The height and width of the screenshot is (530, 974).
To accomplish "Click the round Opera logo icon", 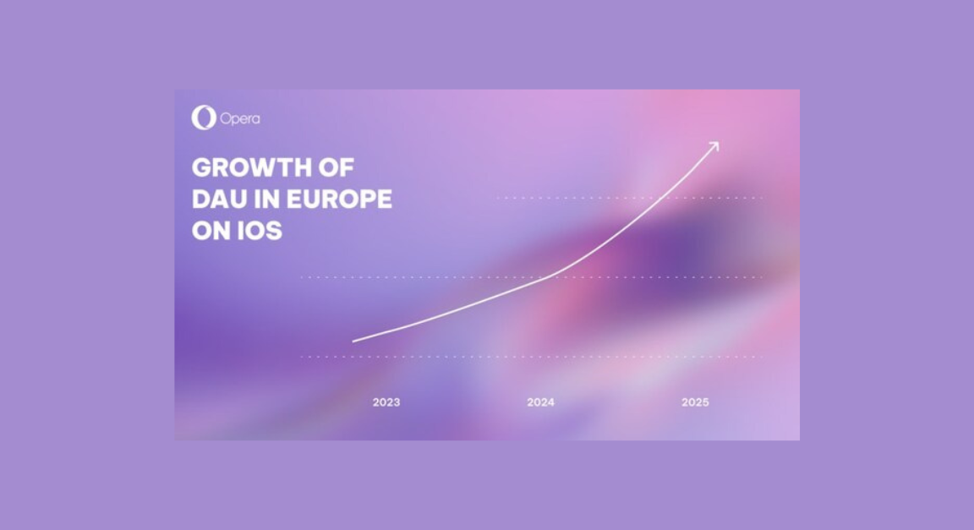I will (x=203, y=117).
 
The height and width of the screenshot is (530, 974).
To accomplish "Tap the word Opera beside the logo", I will (x=240, y=119).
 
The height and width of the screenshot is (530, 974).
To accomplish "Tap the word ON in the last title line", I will (x=207, y=231).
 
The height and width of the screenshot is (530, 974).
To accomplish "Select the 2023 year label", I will (x=386, y=402).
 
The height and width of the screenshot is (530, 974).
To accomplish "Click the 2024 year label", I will (x=541, y=402).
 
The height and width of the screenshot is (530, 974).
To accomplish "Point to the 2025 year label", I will (x=695, y=402).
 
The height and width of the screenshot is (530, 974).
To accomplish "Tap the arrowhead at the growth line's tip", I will (x=714, y=146).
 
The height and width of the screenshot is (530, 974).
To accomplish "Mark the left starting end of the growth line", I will (x=353, y=341).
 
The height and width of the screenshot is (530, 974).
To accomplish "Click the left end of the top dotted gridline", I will (x=499, y=198).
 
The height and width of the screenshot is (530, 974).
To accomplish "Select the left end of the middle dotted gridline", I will (x=303, y=277).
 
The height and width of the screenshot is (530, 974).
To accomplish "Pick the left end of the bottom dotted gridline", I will (x=303, y=357).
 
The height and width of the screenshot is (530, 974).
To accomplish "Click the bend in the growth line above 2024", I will (x=554, y=274).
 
